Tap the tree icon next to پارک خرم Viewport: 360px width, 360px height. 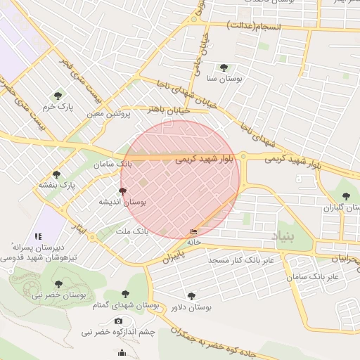57,95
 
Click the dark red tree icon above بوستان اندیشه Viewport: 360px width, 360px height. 123,191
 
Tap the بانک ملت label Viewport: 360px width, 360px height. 131,231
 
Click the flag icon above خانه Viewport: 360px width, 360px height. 194,231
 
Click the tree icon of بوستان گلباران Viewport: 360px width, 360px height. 345,196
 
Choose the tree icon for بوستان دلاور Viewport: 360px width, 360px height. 191,296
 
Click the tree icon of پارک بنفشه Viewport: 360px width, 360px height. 56,174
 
